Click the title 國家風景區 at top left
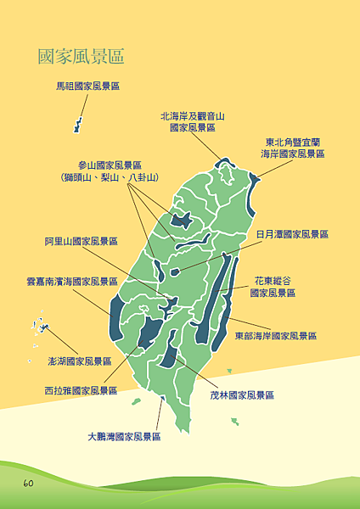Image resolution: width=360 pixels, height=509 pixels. pyautogui.click(x=81, y=57)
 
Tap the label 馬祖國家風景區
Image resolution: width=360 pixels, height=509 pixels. pyautogui.click(x=88, y=86)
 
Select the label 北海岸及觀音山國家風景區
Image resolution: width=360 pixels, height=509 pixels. pyautogui.click(x=193, y=121)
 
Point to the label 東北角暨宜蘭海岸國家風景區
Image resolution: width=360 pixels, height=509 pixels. pyautogui.click(x=292, y=148)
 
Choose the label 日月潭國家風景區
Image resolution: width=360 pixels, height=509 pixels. pyautogui.click(x=292, y=234)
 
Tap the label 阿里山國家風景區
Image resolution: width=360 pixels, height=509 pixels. pyautogui.click(x=82, y=241)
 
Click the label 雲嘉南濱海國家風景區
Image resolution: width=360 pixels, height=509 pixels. pyautogui.click(x=72, y=282)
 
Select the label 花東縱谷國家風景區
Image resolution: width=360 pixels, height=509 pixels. pyautogui.click(x=273, y=286)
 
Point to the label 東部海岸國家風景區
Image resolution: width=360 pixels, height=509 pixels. pyautogui.click(x=276, y=336)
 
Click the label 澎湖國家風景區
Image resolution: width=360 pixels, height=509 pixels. pyautogui.click(x=81, y=361)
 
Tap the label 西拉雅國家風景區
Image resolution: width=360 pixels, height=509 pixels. pyautogui.click(x=81, y=391)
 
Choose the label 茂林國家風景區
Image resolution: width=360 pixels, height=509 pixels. pyautogui.click(x=242, y=395)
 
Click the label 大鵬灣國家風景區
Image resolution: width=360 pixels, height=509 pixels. pyautogui.click(x=124, y=437)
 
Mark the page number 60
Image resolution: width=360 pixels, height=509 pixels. pyautogui.click(x=28, y=483)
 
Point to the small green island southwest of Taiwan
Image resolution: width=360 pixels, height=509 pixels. pyautogui.click(x=136, y=402)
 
